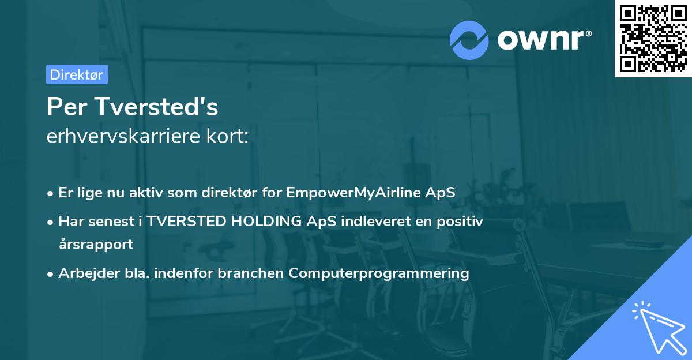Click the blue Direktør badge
coord(77,74)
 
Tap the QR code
coord(653,39)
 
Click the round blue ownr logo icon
coord(469,40)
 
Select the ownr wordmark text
coord(544,40)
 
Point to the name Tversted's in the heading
coord(157,107)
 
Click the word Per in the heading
coord(67,107)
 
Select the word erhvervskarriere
coord(123,136)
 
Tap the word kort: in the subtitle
coord(227,136)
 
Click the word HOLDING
coord(266,222)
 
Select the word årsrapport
coord(96,245)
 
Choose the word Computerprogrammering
coord(379,273)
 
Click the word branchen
coord(250,273)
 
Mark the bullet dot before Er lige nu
coord(50,194)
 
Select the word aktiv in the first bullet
coord(146,193)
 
